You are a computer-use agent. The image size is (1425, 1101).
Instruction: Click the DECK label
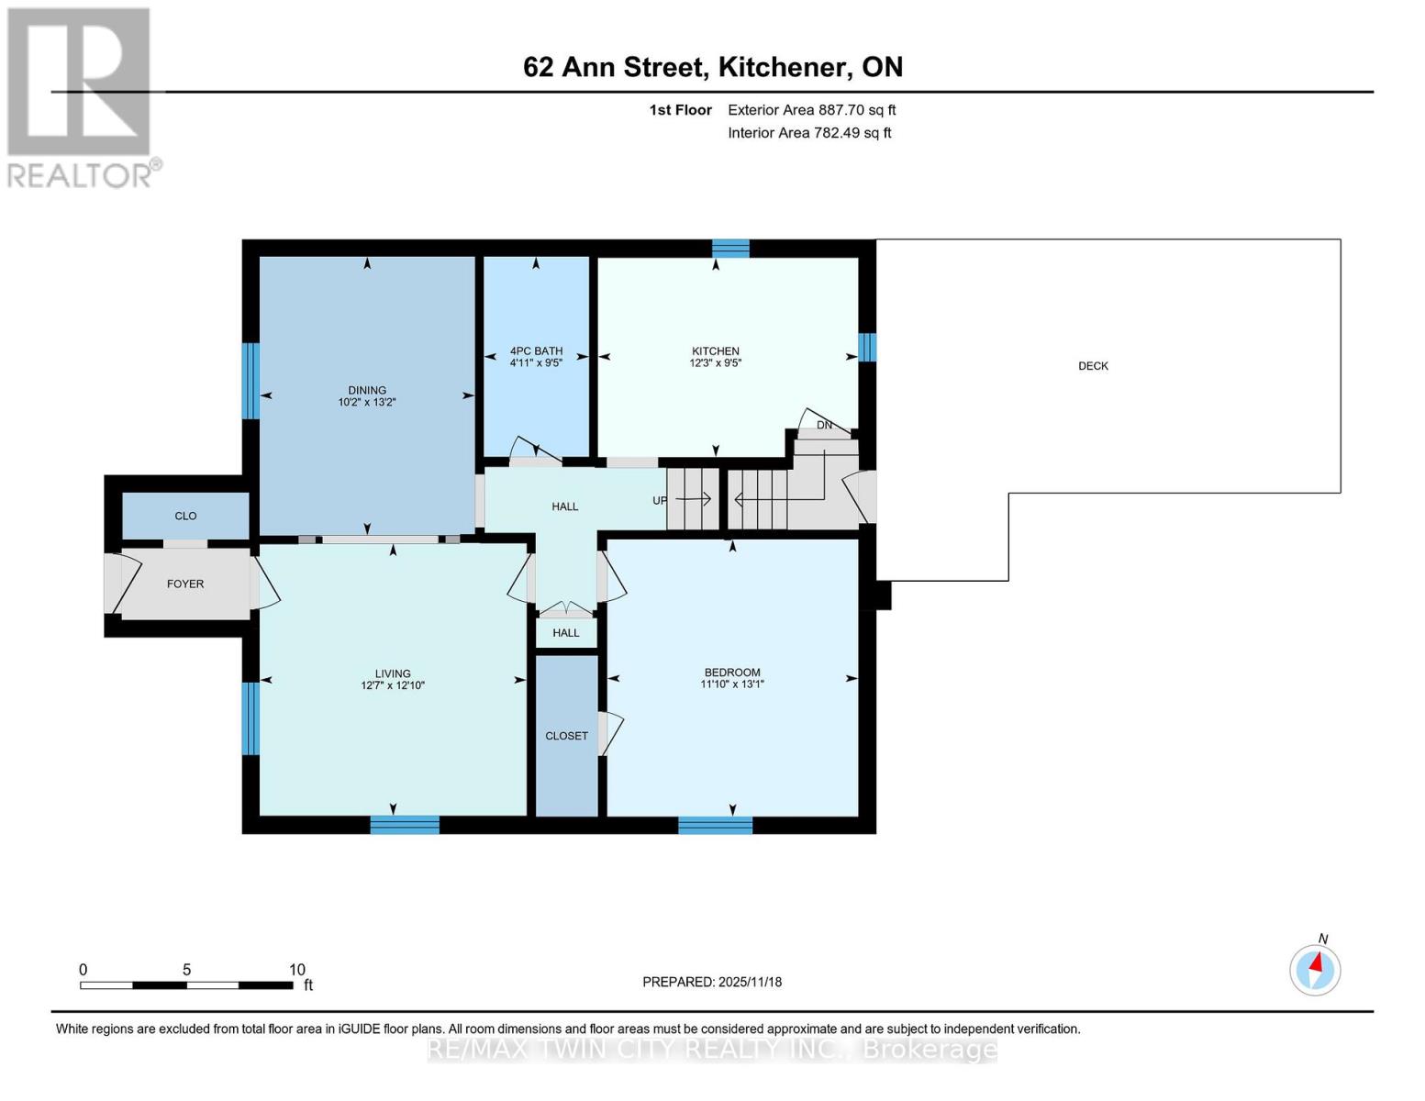point(1093,366)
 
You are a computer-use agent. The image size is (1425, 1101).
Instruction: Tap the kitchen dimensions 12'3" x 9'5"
point(715,363)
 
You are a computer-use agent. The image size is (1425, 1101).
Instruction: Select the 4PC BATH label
point(536,351)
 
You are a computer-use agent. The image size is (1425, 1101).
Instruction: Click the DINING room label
point(367,390)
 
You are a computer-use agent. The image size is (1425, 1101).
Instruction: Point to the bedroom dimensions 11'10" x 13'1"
point(732,684)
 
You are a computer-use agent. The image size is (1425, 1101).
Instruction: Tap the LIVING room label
point(392,673)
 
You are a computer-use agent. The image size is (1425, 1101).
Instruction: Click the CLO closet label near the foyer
point(185,517)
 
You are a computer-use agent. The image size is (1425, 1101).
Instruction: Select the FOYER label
point(185,584)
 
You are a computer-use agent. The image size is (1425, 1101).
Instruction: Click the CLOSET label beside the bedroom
point(566,736)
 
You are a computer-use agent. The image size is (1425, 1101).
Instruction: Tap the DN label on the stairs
point(824,426)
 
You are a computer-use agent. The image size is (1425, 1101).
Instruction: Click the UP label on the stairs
point(660,501)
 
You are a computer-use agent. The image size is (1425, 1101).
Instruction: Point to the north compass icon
point(1315,968)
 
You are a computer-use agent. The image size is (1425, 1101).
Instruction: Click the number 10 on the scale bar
point(296,970)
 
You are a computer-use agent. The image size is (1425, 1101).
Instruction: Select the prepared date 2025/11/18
point(750,983)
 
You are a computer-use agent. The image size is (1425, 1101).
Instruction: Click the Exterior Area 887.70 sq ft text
point(811,110)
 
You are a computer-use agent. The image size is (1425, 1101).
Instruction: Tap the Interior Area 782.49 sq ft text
point(809,133)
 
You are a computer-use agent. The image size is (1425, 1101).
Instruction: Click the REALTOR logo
point(81,97)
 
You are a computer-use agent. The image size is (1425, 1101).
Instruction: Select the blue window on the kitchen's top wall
point(730,248)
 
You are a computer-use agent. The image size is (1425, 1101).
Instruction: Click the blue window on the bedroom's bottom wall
point(715,826)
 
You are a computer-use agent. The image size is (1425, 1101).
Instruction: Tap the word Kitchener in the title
point(783,67)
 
